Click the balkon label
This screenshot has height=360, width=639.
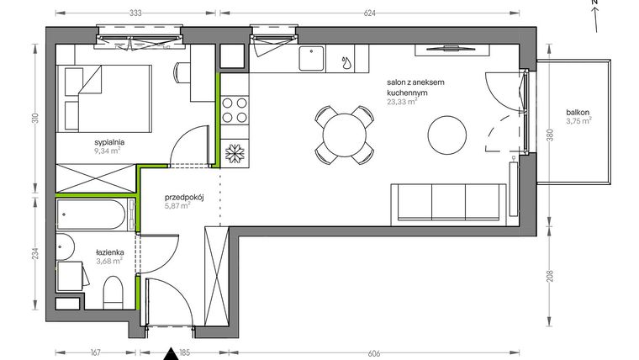577,112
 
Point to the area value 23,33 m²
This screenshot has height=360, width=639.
402,102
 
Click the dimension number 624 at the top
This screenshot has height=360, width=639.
369,13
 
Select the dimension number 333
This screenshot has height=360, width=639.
135,13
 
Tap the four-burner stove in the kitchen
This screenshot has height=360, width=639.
235,112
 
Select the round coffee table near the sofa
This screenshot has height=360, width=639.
447,134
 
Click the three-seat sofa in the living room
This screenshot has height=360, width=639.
448,202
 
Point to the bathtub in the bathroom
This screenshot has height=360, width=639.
91,214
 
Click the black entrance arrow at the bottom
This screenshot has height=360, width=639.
172,353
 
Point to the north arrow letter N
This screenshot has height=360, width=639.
594,4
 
